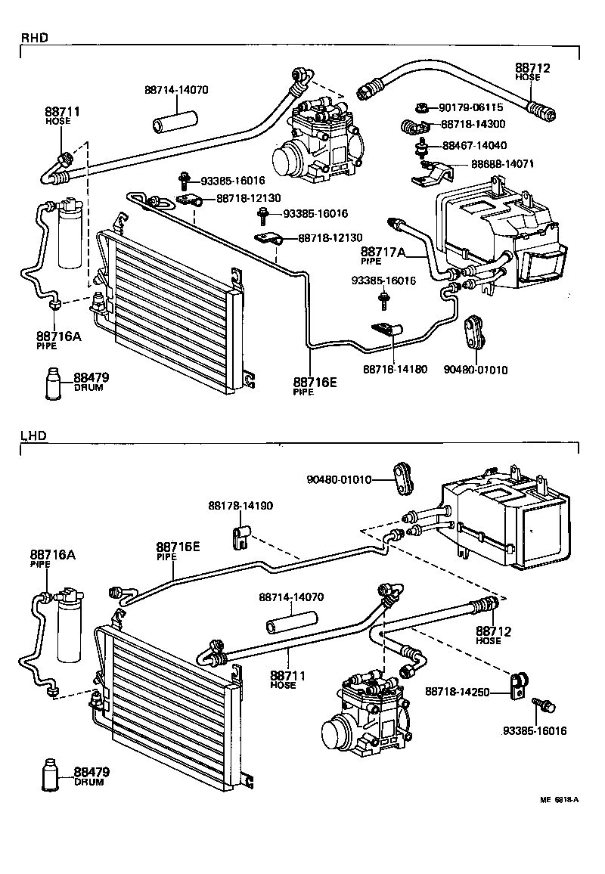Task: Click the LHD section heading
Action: click(33, 436)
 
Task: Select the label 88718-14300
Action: click(473, 123)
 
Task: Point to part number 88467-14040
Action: click(474, 145)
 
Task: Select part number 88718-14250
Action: click(457, 691)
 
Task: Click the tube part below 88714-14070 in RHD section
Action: click(176, 122)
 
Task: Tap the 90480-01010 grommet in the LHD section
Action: click(402, 479)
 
